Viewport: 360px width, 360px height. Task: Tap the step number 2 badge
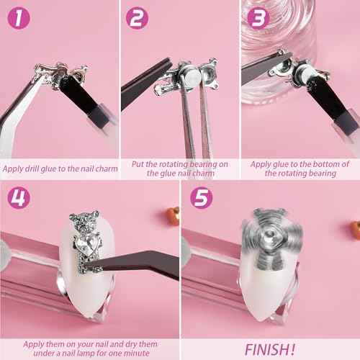point(137,17)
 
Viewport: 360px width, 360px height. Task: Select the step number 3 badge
point(258,18)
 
